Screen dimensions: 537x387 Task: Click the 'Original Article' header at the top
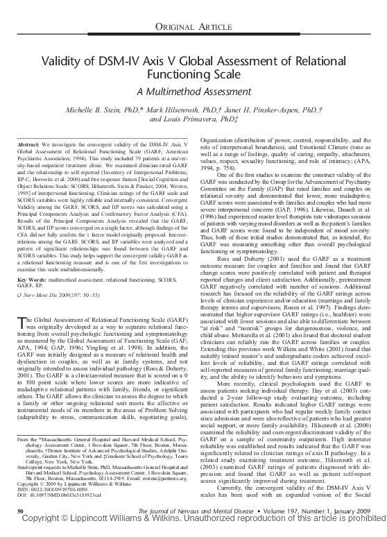click(193, 26)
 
